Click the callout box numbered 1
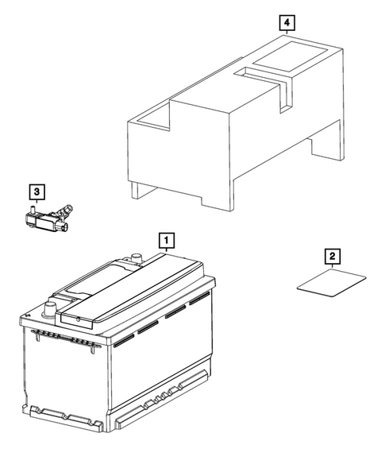[165, 238]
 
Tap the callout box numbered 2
[332, 257]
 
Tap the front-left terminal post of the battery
[52, 307]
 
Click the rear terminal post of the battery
[135, 258]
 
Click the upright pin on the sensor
[33, 210]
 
